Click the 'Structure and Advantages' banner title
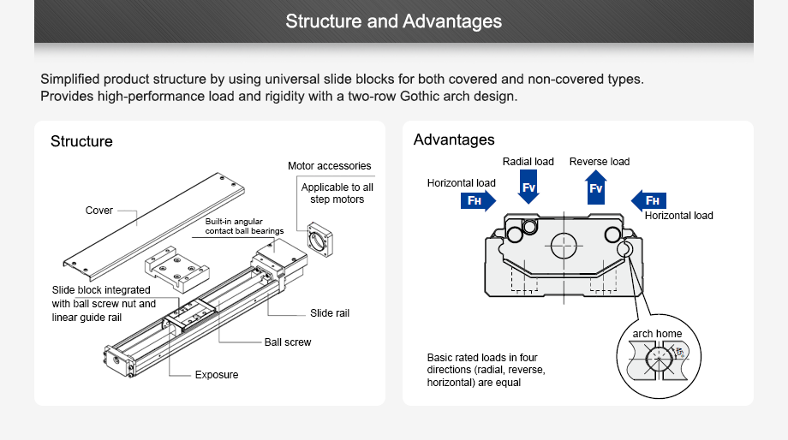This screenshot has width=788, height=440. click(394, 21)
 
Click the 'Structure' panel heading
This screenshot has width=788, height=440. click(81, 141)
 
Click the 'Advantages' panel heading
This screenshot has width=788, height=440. click(454, 140)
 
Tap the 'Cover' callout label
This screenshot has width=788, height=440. click(99, 211)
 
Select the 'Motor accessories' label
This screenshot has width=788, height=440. click(330, 166)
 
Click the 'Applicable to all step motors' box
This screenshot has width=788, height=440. click(337, 193)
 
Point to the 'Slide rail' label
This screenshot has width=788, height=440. click(330, 313)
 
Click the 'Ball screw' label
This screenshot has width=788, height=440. click(288, 342)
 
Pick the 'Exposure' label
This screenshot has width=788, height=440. click(217, 375)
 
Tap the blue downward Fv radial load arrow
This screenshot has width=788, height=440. click(528, 187)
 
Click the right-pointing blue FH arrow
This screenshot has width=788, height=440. click(477, 200)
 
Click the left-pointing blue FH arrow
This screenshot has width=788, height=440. click(649, 200)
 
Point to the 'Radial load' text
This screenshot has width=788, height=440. click(528, 161)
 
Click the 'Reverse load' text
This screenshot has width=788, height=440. click(600, 161)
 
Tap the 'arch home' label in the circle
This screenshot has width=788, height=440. click(657, 333)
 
